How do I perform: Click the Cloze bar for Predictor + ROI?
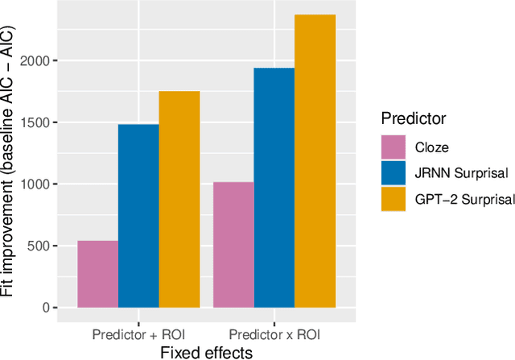(x=97, y=274)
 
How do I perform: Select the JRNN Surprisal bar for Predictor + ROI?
(x=138, y=216)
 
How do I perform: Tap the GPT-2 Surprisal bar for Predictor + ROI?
(x=179, y=199)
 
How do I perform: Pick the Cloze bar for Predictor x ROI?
(x=233, y=245)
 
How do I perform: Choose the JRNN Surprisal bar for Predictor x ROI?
(x=274, y=188)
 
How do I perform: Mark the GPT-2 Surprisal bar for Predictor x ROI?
(x=315, y=161)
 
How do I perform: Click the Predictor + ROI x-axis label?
(x=138, y=333)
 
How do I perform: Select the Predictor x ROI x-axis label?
(x=274, y=333)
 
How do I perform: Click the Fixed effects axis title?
(x=207, y=352)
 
